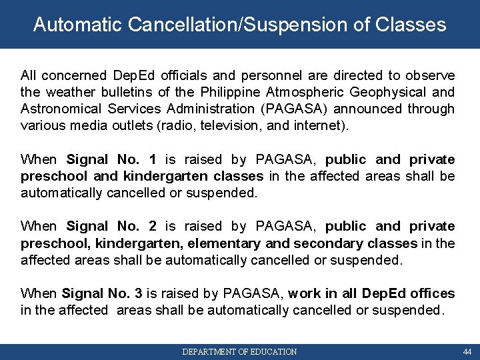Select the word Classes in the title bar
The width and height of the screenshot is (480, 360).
(x=411, y=25)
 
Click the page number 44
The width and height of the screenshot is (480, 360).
(x=466, y=351)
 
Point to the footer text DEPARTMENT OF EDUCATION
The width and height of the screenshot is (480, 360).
(x=240, y=351)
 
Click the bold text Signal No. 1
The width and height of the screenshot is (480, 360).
(x=111, y=159)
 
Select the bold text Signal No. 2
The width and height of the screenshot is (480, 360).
(x=111, y=226)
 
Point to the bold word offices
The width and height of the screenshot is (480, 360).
(x=433, y=293)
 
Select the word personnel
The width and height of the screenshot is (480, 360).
(x=236, y=75)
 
